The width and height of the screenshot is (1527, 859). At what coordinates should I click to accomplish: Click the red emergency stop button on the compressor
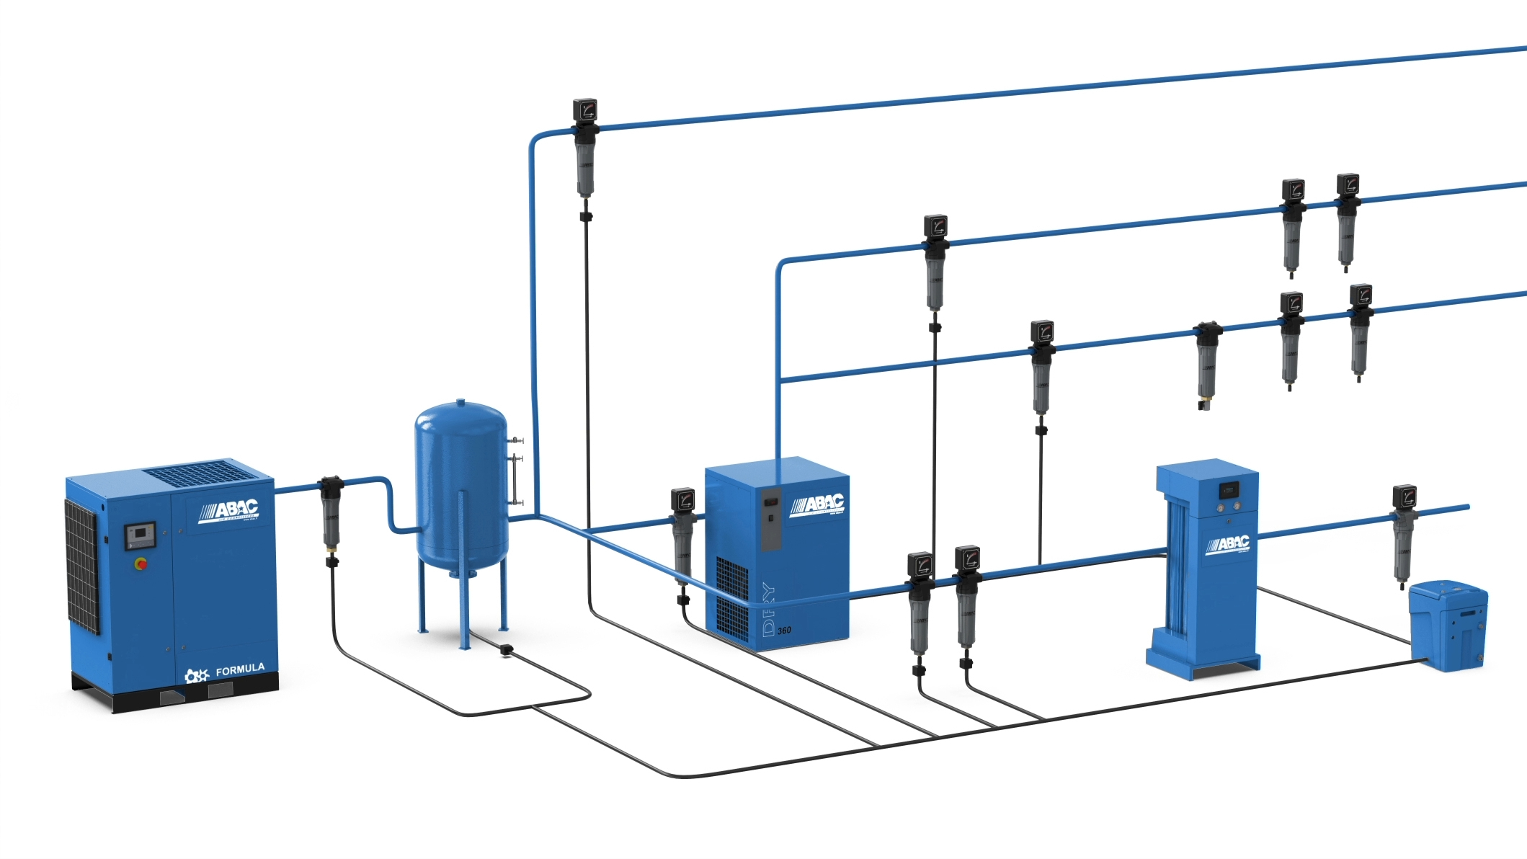(141, 564)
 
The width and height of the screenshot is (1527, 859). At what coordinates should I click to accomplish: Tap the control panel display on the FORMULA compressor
(140, 535)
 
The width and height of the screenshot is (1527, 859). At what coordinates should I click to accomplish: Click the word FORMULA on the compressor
(240, 669)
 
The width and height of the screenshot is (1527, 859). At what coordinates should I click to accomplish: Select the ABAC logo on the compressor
(229, 511)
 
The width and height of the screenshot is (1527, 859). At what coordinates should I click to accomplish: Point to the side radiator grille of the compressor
(82, 566)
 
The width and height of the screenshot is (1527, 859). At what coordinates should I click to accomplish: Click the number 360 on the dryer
(784, 631)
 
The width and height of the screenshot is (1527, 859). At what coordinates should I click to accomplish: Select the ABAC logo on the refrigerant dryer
(818, 505)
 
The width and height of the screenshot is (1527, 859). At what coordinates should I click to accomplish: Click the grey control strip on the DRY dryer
(770, 519)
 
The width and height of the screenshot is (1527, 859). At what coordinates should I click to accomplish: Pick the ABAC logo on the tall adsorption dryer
(1228, 544)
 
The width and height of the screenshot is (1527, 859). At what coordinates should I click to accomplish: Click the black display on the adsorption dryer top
(1228, 491)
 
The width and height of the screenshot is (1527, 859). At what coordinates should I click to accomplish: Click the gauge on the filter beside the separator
(1404, 496)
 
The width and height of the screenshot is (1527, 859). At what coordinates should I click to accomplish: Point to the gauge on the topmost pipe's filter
(585, 110)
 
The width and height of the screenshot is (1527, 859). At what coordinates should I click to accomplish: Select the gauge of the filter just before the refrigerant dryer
(682, 499)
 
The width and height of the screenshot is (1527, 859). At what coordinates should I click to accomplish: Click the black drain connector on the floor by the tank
(506, 650)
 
